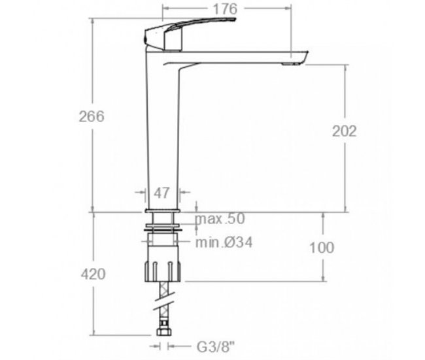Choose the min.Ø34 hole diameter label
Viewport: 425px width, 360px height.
coord(225,242)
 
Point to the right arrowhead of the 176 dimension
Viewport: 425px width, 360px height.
coord(288,8)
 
